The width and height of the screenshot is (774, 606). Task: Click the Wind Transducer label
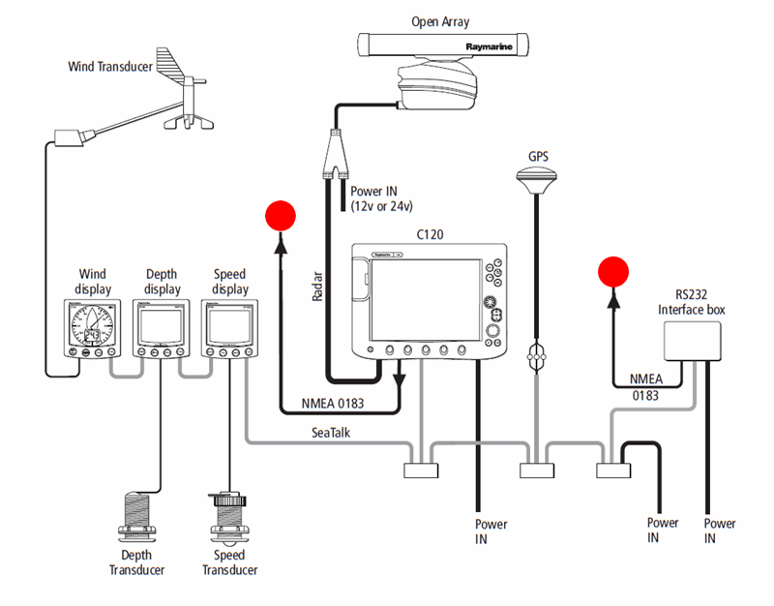coord(111,67)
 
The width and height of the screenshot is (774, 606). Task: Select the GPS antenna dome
coord(535,178)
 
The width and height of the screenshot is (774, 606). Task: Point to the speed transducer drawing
coord(229,518)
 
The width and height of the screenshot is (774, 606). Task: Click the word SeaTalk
coord(332,435)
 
